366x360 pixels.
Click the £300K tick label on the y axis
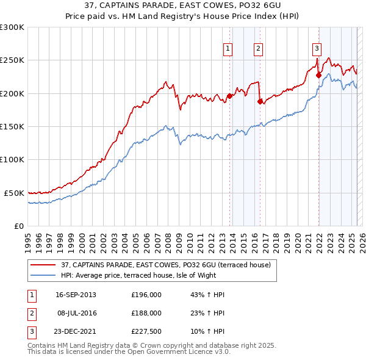13,27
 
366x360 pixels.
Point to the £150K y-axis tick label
13,127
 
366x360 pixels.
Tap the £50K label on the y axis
15,193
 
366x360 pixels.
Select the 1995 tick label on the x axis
28,238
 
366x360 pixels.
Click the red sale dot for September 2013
229,96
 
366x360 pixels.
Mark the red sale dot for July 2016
260,101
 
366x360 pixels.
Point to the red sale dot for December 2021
318,75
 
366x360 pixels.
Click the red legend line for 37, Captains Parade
44,265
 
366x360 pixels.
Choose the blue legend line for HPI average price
44,275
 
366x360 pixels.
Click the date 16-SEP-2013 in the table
76,295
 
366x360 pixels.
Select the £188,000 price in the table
146,313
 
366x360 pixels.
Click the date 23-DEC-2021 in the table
76,331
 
